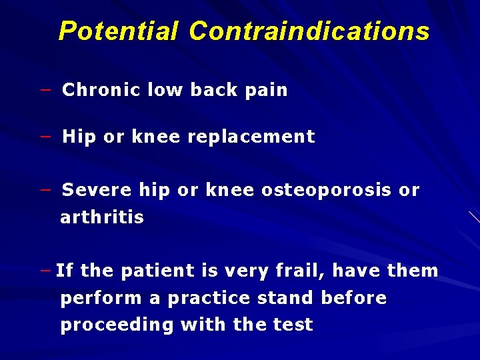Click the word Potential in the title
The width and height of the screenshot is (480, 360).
119,31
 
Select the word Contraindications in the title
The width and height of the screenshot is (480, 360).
309,31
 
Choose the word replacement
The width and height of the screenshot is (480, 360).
251,137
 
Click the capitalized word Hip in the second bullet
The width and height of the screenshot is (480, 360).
79,137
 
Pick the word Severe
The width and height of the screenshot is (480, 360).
97,190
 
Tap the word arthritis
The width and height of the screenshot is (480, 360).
102,217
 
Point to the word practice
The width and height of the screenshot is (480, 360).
203,298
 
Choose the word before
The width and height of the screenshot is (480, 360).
354,298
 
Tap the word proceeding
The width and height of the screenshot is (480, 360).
117,325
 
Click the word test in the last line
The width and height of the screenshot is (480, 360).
293,325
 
